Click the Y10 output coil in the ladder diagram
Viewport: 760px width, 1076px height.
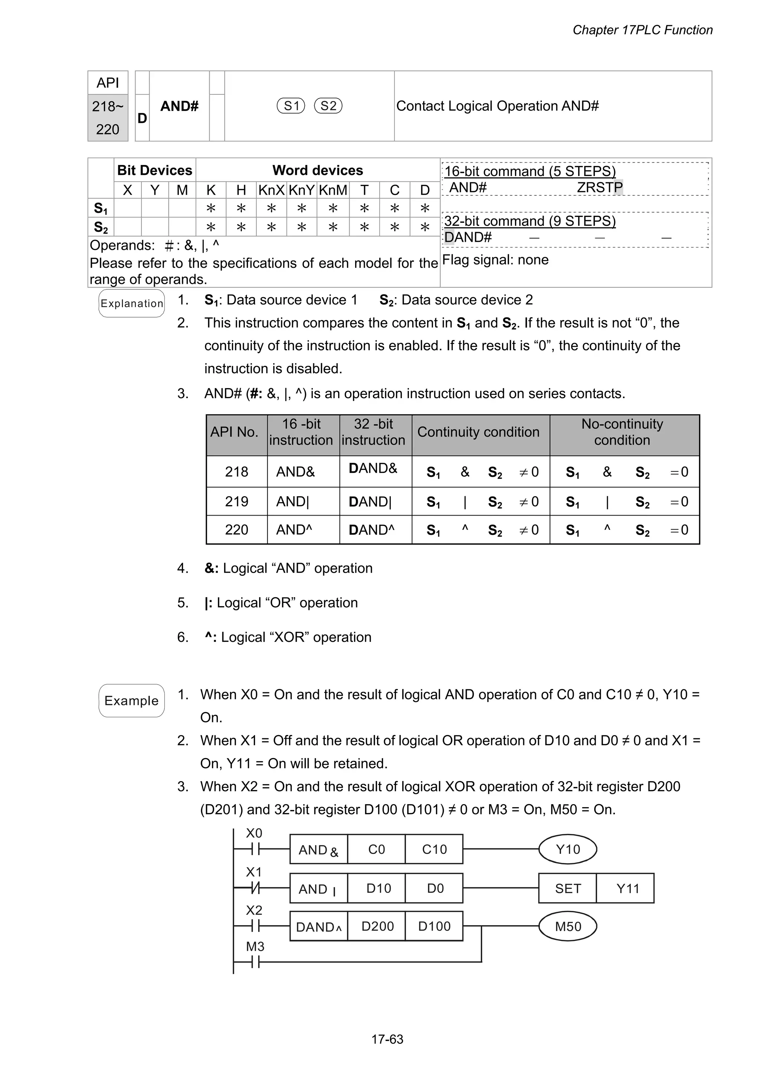click(x=567, y=849)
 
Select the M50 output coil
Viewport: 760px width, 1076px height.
click(x=567, y=926)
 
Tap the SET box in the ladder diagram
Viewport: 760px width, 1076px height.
click(x=567, y=888)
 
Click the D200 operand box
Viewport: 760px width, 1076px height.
click(x=377, y=926)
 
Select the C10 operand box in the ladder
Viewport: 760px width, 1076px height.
click(x=434, y=849)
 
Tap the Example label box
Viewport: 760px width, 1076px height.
click(x=132, y=700)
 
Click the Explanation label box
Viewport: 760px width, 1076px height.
click(x=132, y=303)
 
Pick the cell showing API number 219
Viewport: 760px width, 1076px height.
click(x=236, y=501)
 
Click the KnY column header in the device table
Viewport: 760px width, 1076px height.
click(x=301, y=190)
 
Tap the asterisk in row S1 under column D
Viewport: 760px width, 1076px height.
click(x=425, y=208)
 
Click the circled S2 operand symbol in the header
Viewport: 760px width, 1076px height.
click(x=328, y=106)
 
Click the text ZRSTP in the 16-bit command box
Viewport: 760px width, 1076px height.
click(x=599, y=188)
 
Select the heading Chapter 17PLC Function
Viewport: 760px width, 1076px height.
click(x=642, y=30)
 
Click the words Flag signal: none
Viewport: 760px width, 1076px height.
click(x=495, y=260)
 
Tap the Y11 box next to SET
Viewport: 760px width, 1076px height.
click(x=628, y=888)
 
